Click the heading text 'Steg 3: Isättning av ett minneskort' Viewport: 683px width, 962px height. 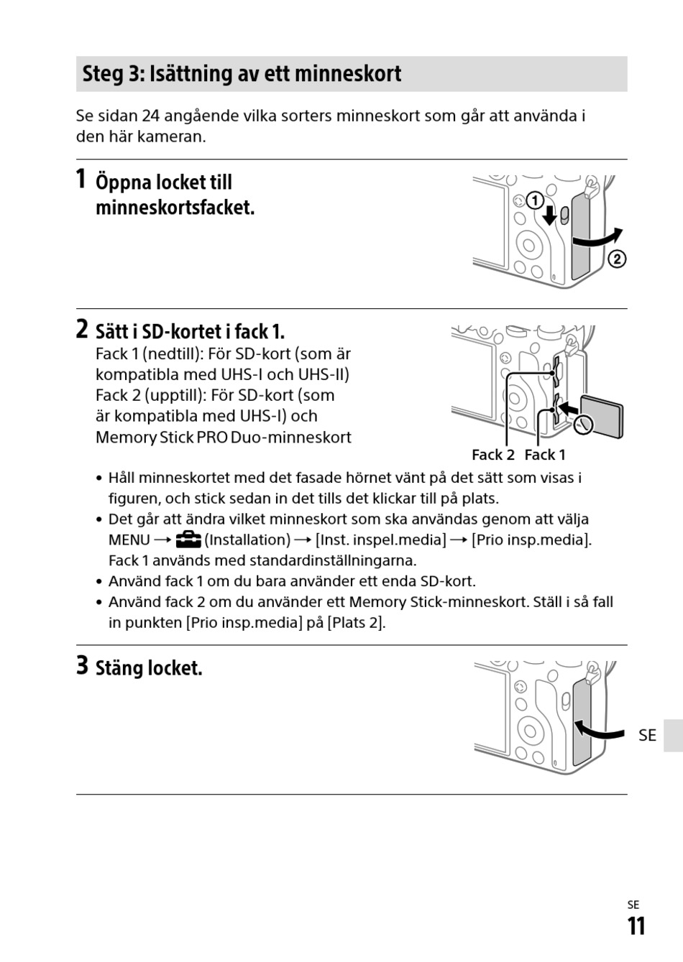coord(242,74)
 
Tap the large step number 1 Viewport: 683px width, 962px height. coord(82,178)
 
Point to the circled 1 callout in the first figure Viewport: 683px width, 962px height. coord(534,200)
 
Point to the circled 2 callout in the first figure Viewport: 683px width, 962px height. coord(617,259)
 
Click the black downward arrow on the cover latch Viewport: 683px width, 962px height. coord(550,214)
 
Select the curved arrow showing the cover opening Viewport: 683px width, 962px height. coord(597,239)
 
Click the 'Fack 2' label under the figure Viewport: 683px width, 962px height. coord(492,455)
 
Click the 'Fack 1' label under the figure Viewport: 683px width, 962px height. coord(545,455)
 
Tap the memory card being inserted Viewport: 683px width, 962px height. coord(603,417)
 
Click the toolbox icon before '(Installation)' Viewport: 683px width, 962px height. coord(188,540)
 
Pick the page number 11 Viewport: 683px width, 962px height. coord(636,926)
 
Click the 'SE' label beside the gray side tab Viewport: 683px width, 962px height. coord(647,735)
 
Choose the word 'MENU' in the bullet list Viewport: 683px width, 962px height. coord(129,540)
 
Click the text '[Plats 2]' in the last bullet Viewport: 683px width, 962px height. coord(356,623)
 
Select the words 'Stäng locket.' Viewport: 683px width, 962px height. coord(149,668)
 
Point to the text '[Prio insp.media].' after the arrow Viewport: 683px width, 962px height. coord(531,540)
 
